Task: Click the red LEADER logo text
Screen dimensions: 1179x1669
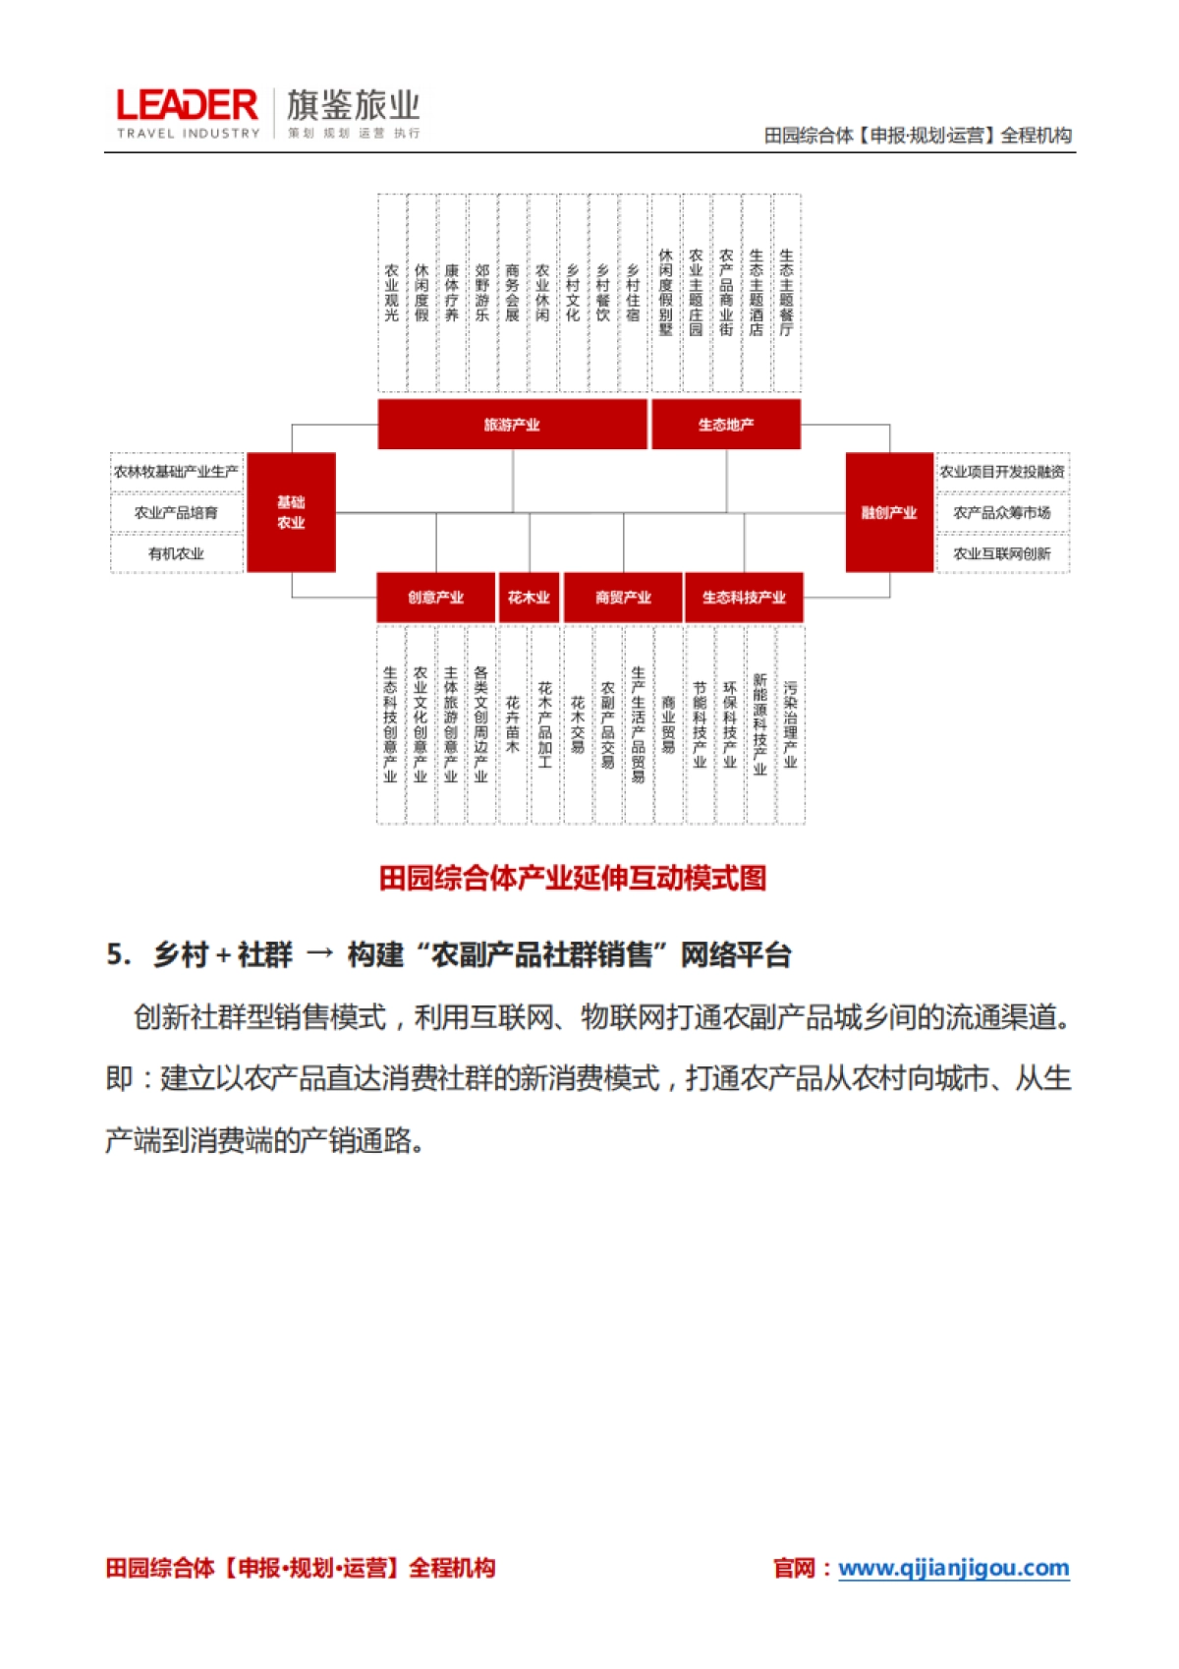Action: tap(187, 106)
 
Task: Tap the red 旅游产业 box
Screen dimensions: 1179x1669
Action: tap(512, 425)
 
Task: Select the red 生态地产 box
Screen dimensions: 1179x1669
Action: tap(726, 425)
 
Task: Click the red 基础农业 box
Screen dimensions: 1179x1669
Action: tap(291, 512)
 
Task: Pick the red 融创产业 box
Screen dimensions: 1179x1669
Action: tap(889, 512)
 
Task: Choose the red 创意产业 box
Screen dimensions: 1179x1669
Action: tap(435, 598)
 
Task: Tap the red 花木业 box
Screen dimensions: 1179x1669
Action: tap(529, 598)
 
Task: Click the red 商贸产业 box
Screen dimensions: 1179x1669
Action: tap(623, 598)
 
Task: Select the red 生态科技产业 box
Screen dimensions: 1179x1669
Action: tap(744, 598)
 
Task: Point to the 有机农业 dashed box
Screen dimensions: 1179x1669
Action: tap(177, 553)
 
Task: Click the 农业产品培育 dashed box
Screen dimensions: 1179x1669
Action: tap(177, 513)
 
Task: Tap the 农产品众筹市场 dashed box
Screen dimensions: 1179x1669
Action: tap(1002, 513)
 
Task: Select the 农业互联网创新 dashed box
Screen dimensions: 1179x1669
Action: tap(1002, 553)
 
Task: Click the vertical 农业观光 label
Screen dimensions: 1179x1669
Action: tap(392, 292)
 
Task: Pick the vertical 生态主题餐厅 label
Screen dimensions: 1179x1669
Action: tap(786, 292)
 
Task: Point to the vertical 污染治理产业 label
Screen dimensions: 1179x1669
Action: tap(790, 724)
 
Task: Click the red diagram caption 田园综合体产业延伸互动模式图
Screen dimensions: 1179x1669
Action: tap(573, 878)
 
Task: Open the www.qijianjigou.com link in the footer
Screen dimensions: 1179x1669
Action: tap(953, 1568)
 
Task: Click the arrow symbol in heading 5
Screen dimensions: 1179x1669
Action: tap(320, 954)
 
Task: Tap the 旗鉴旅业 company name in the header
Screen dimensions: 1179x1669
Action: tap(354, 105)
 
